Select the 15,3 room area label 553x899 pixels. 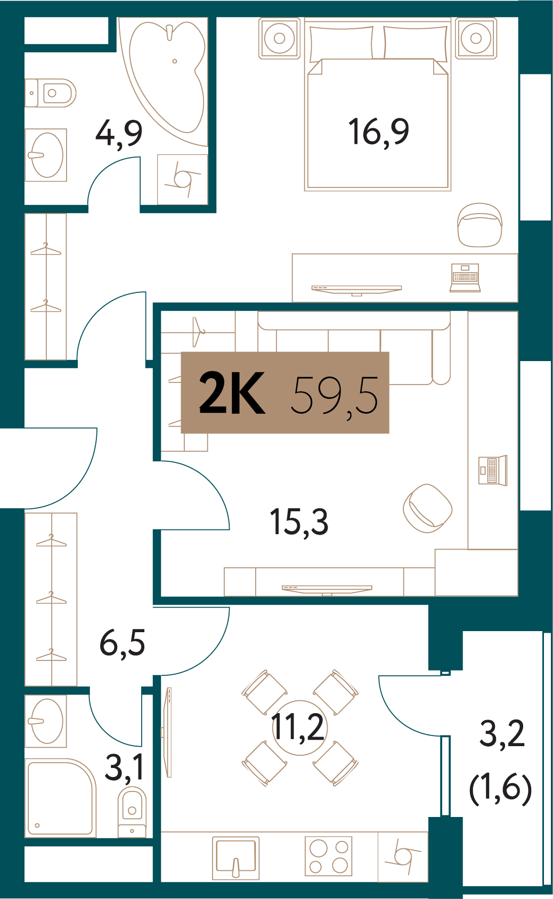point(299,522)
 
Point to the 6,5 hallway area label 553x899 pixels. point(122,642)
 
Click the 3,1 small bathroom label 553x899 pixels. point(124,767)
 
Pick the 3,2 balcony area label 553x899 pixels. point(502,733)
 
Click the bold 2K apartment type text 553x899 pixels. point(232,392)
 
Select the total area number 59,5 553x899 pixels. point(335,395)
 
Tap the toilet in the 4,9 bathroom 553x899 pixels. point(51,93)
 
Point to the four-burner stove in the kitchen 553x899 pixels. point(329,856)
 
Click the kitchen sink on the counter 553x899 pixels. point(235,858)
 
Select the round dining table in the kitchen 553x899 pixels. point(300,728)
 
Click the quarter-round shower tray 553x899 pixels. point(61,797)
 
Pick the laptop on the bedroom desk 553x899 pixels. point(465,277)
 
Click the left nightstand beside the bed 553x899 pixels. point(280,38)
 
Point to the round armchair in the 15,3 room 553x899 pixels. point(428,508)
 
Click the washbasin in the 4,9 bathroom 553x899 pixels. point(46,155)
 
